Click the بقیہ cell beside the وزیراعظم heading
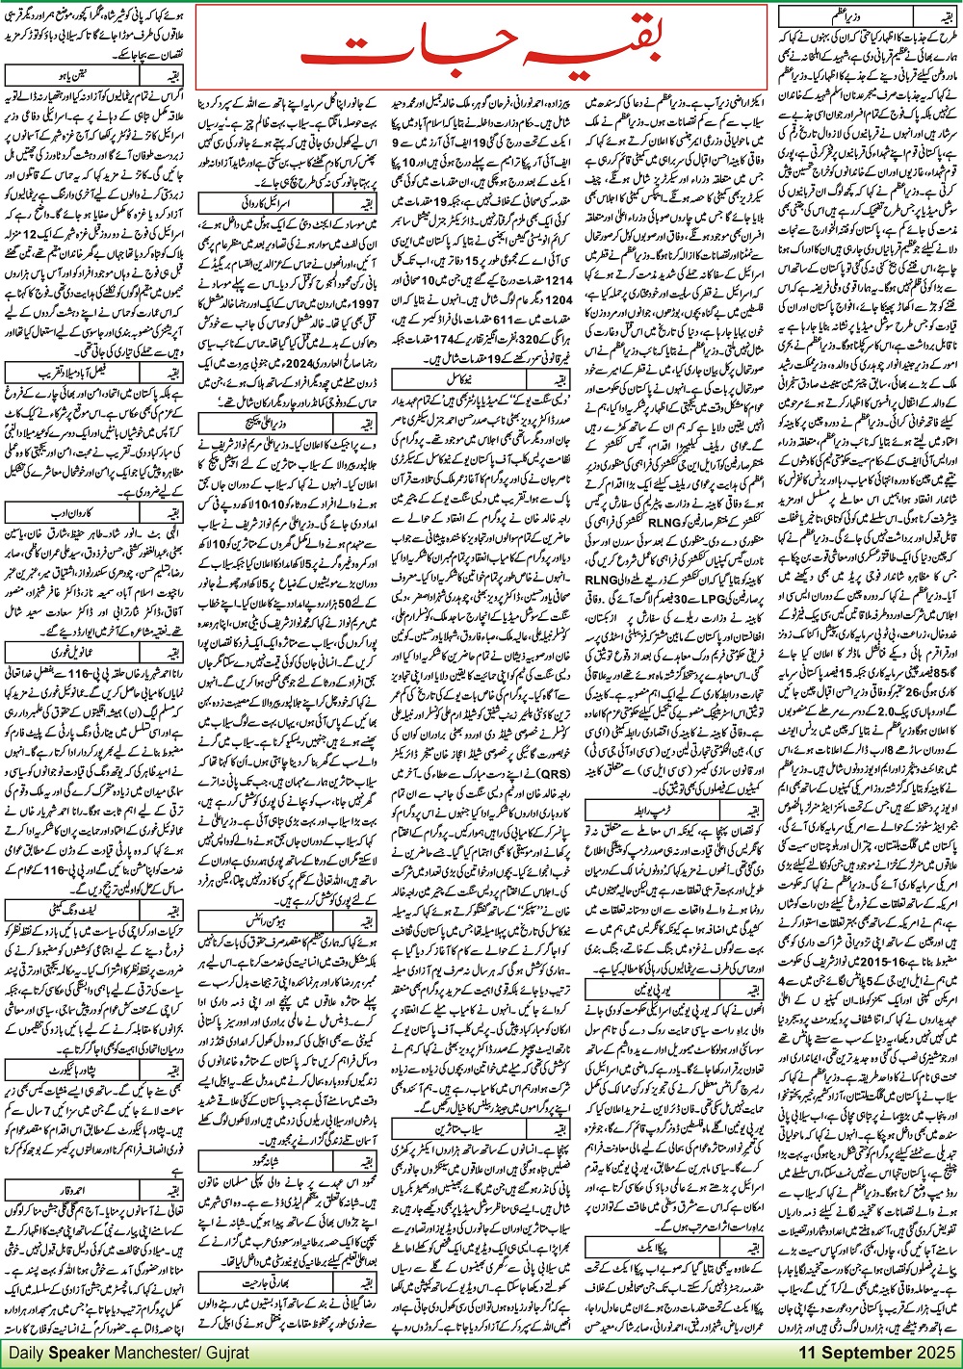pos(934,16)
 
